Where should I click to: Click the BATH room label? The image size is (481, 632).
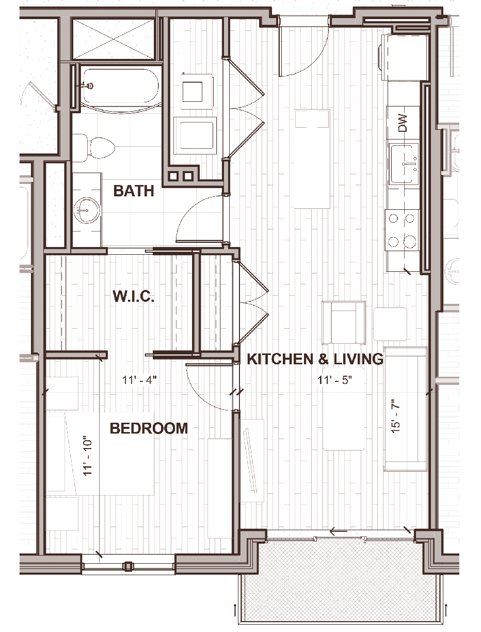tap(134, 191)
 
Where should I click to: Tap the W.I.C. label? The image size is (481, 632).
tap(134, 296)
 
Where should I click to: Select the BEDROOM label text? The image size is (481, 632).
tap(149, 428)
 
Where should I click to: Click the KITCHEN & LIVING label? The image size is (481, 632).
tap(315, 359)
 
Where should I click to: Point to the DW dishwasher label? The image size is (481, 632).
tap(404, 123)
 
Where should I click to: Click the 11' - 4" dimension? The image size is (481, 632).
tap(140, 380)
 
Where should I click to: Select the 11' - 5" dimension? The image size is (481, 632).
tap(335, 380)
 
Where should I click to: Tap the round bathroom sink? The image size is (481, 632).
tap(87, 210)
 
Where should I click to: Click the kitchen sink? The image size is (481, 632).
tap(404, 165)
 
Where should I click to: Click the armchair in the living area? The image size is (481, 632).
tap(344, 322)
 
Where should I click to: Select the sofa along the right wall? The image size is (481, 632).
tap(405, 409)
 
